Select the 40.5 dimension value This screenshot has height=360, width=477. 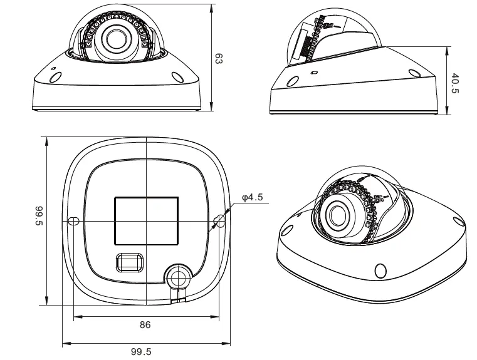[x=456, y=83]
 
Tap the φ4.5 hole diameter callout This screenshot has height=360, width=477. [x=253, y=198]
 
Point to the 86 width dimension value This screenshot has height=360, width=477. [x=145, y=325]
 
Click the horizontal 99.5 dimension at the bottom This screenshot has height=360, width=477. [x=141, y=351]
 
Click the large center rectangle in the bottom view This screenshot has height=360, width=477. [x=145, y=220]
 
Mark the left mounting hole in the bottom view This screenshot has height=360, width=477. [x=73, y=220]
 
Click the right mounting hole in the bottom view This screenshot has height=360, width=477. [x=219, y=220]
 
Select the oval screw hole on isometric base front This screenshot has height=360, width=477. [x=380, y=270]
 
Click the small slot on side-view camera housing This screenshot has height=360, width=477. [x=314, y=71]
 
